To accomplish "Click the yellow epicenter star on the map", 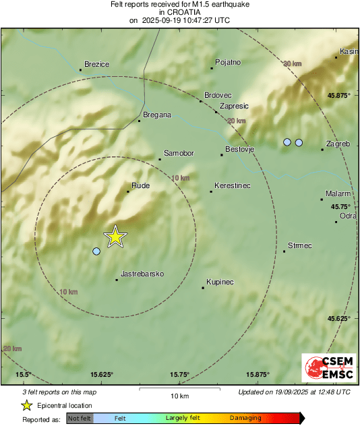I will [115, 237].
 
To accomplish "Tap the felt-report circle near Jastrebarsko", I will [96, 251].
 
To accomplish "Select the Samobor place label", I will [179, 154].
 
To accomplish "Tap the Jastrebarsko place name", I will [142, 274].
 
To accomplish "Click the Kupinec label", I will [220, 282].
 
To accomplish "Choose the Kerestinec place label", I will [233, 185].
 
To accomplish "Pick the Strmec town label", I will [300, 245].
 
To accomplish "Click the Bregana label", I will [157, 115].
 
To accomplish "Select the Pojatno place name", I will [228, 63].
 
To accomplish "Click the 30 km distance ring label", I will [292, 63].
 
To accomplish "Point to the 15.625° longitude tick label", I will [102, 375].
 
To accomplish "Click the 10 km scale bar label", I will [179, 395].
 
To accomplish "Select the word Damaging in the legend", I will [245, 419].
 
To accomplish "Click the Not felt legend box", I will [80, 419].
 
